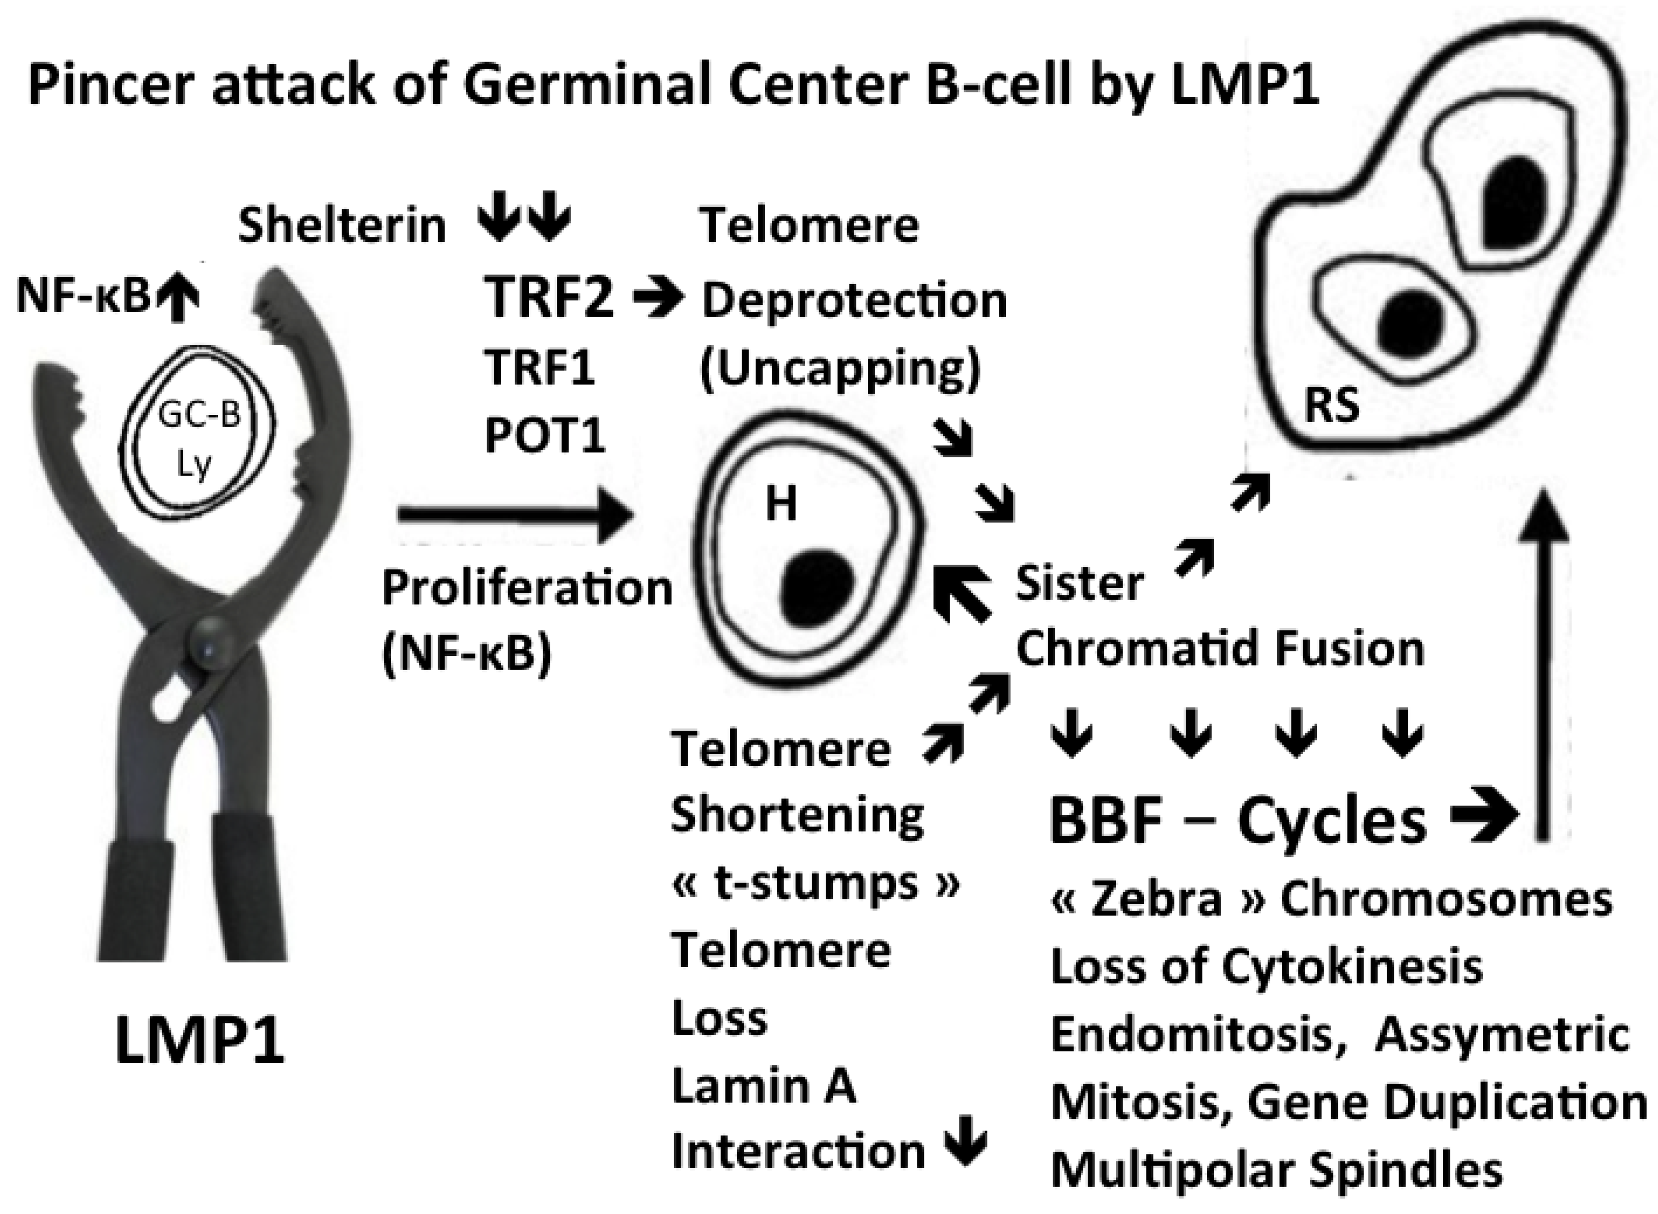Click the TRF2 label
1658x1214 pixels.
click(548, 297)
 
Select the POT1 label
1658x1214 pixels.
click(544, 435)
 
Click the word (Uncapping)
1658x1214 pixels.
click(839, 368)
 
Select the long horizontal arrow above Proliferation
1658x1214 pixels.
click(514, 516)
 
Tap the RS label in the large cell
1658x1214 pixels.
click(1332, 405)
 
